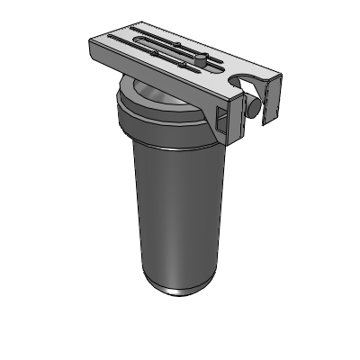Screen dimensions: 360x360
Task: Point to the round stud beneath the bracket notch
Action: [255, 105]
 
